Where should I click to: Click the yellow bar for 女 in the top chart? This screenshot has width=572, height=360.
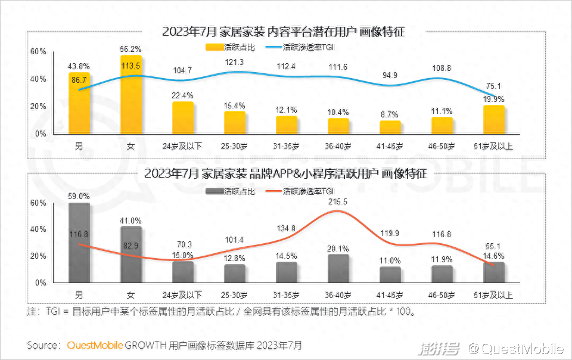click(x=131, y=95)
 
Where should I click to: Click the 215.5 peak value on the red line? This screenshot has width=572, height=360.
click(x=338, y=201)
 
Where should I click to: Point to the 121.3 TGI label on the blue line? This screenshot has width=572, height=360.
click(x=235, y=62)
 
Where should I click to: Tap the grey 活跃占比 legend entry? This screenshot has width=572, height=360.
click(x=230, y=191)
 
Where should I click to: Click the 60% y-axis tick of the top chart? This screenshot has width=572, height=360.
click(x=38, y=52)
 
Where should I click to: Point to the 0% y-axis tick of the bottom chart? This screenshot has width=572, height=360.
click(x=41, y=283)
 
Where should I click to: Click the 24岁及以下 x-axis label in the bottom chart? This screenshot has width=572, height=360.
click(x=183, y=295)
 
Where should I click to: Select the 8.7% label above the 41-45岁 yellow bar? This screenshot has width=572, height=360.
click(x=390, y=113)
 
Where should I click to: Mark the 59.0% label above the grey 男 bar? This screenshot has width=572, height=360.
click(x=79, y=196)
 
